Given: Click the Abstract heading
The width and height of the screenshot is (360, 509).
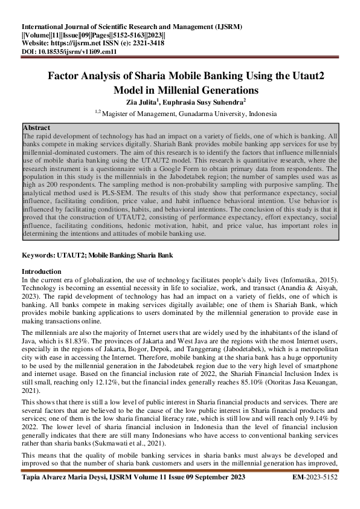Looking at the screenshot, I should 36,128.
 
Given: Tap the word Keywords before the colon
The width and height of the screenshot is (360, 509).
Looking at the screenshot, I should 39,256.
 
